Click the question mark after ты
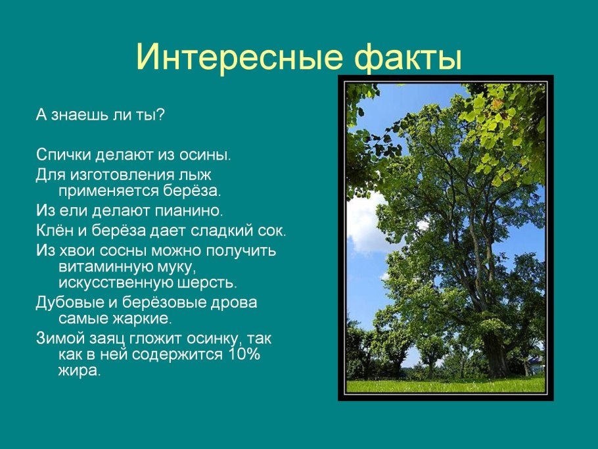click(160, 114)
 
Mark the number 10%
click(244, 354)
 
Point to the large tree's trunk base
click(495, 366)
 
